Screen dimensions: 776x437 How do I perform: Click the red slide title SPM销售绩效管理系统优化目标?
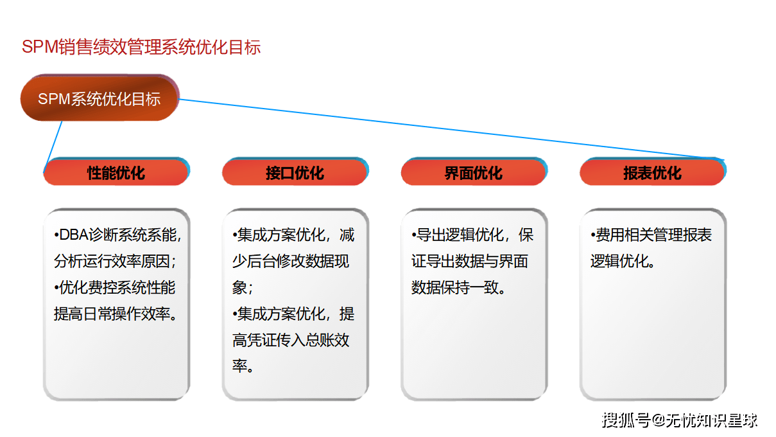pos(141,48)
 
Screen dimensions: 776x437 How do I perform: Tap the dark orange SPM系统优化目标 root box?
pos(99,99)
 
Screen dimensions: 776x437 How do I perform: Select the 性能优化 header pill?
pos(116,173)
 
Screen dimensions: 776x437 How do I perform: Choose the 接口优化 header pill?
pos(295,173)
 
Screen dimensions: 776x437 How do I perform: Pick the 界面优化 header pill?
pos(474,173)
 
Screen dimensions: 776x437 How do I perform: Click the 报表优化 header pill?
pos(652,173)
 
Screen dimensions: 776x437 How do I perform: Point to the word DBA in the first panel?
pos(73,235)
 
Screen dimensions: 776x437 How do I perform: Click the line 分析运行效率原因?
pos(115,262)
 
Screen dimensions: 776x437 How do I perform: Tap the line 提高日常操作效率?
pos(115,314)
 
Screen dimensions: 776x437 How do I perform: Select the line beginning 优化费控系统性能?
pos(115,288)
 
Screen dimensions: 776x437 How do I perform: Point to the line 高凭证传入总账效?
pos(291,341)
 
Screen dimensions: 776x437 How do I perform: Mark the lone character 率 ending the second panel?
pos(240,367)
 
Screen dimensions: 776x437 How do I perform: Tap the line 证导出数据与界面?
pos(469,262)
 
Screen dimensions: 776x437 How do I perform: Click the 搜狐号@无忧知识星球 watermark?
pos(679,420)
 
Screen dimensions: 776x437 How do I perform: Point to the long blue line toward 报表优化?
pos(449,129)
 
